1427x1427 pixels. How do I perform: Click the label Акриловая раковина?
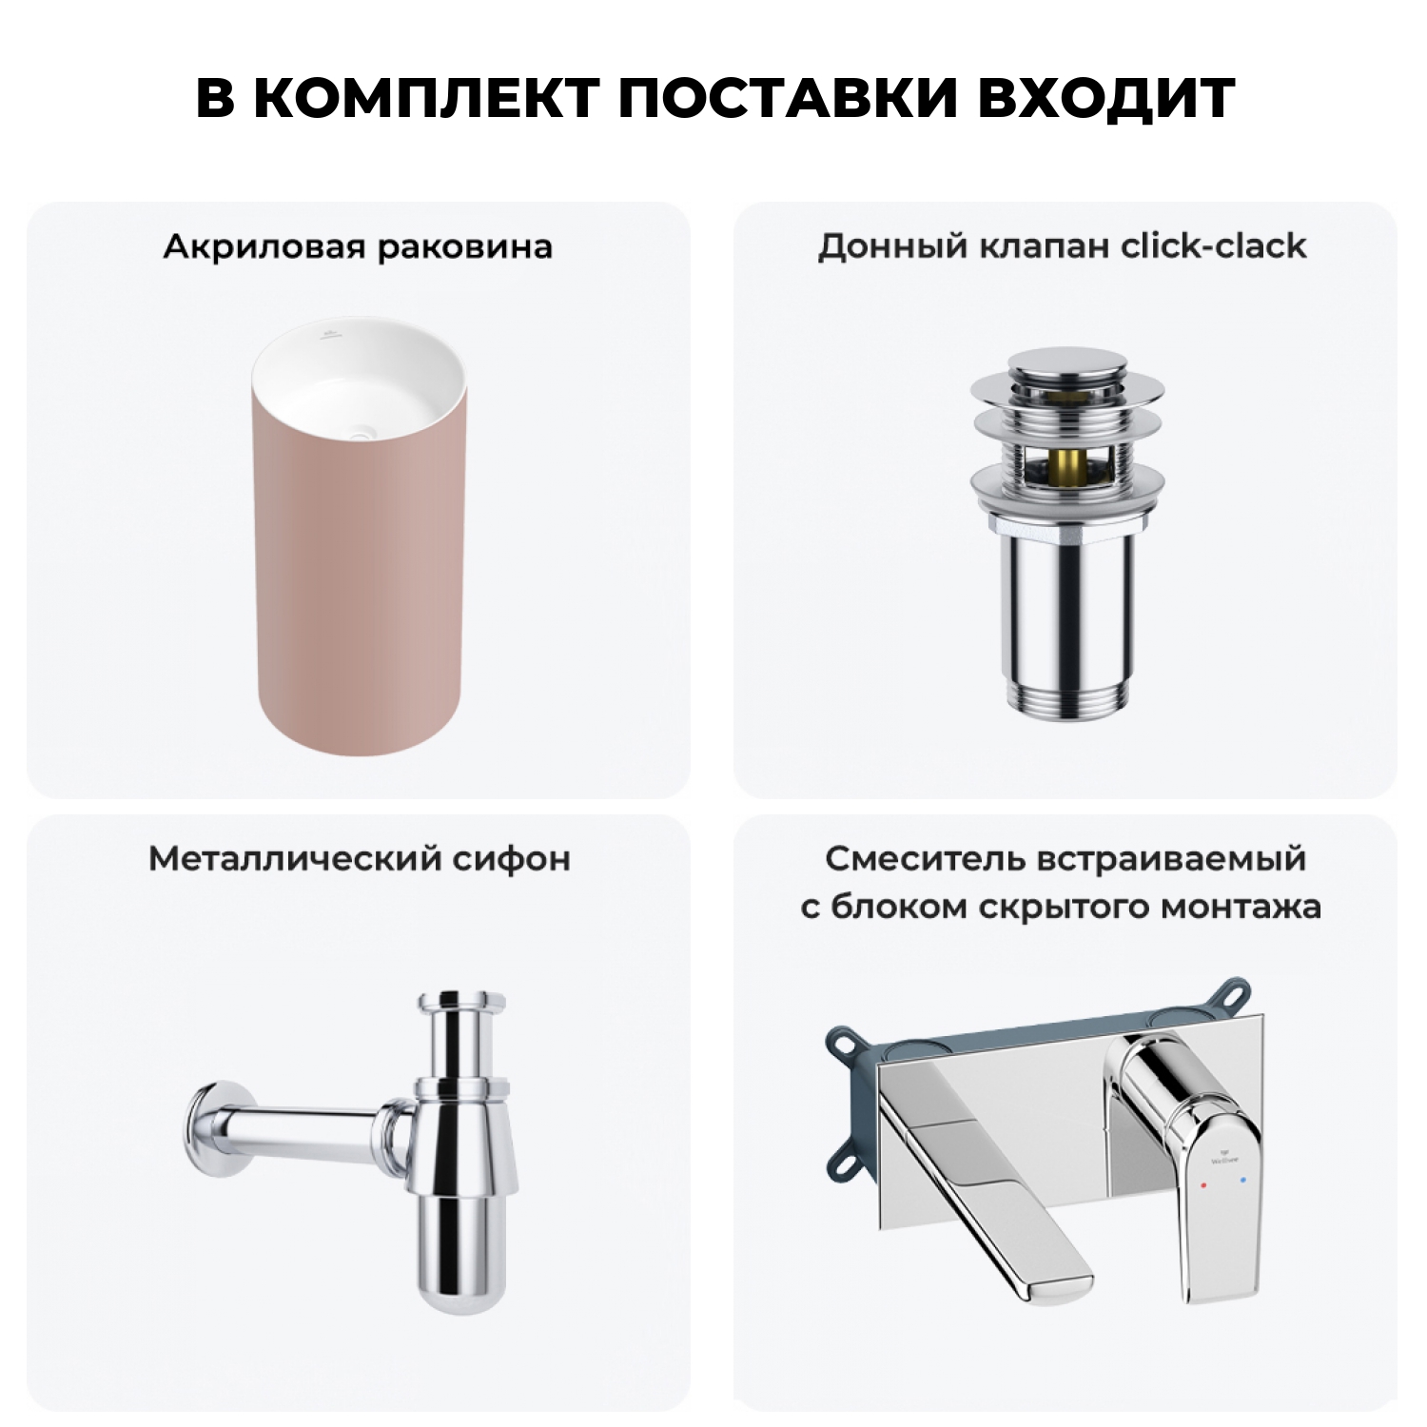pos(358,246)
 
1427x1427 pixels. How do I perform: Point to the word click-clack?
pos(1213,245)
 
